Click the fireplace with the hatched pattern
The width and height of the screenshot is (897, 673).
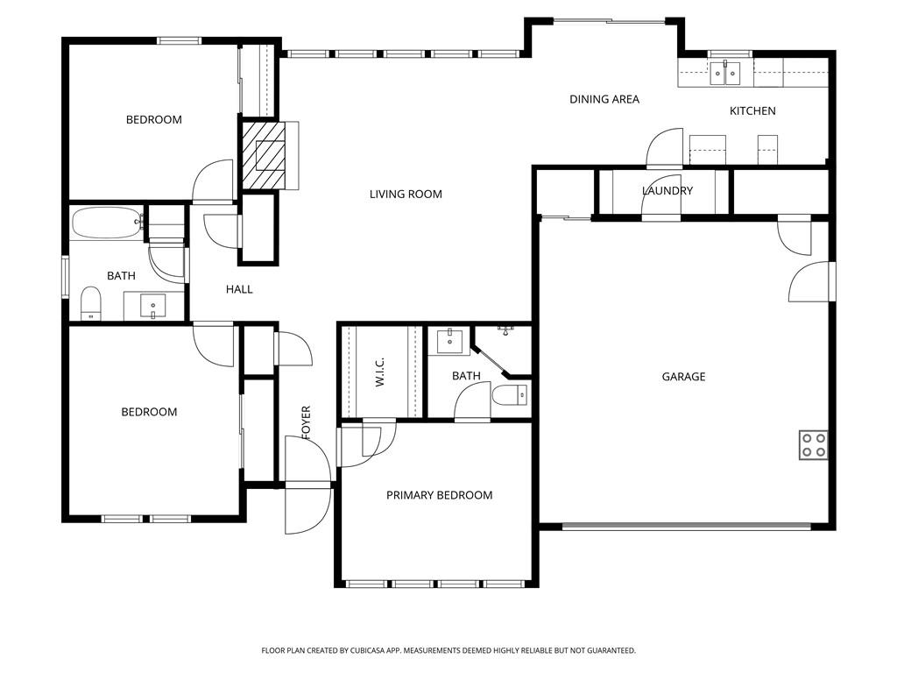click(x=264, y=155)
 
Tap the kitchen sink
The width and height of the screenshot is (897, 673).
click(x=725, y=72)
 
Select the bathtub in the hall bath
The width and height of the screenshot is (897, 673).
click(x=106, y=223)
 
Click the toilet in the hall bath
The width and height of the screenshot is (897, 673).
click(x=91, y=303)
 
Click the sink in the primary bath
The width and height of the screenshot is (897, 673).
click(x=449, y=340)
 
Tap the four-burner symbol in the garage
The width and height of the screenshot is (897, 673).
click(x=813, y=445)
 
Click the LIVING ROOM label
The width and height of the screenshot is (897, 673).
click(x=406, y=195)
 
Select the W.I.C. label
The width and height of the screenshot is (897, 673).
click(x=380, y=372)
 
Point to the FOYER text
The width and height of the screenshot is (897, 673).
click(x=307, y=422)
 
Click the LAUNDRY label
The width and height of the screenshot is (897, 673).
click(x=667, y=191)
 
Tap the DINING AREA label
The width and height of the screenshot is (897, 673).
click(x=604, y=100)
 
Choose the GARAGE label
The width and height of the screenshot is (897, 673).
click(x=683, y=377)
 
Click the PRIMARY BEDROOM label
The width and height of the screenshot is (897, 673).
click(x=439, y=495)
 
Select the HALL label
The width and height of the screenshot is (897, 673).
click(x=239, y=289)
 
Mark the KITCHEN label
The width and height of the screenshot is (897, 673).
click(x=752, y=111)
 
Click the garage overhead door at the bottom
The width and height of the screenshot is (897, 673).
click(x=686, y=527)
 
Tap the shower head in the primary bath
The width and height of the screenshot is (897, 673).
click(x=505, y=329)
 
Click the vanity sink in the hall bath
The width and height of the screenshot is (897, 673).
click(x=154, y=307)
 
